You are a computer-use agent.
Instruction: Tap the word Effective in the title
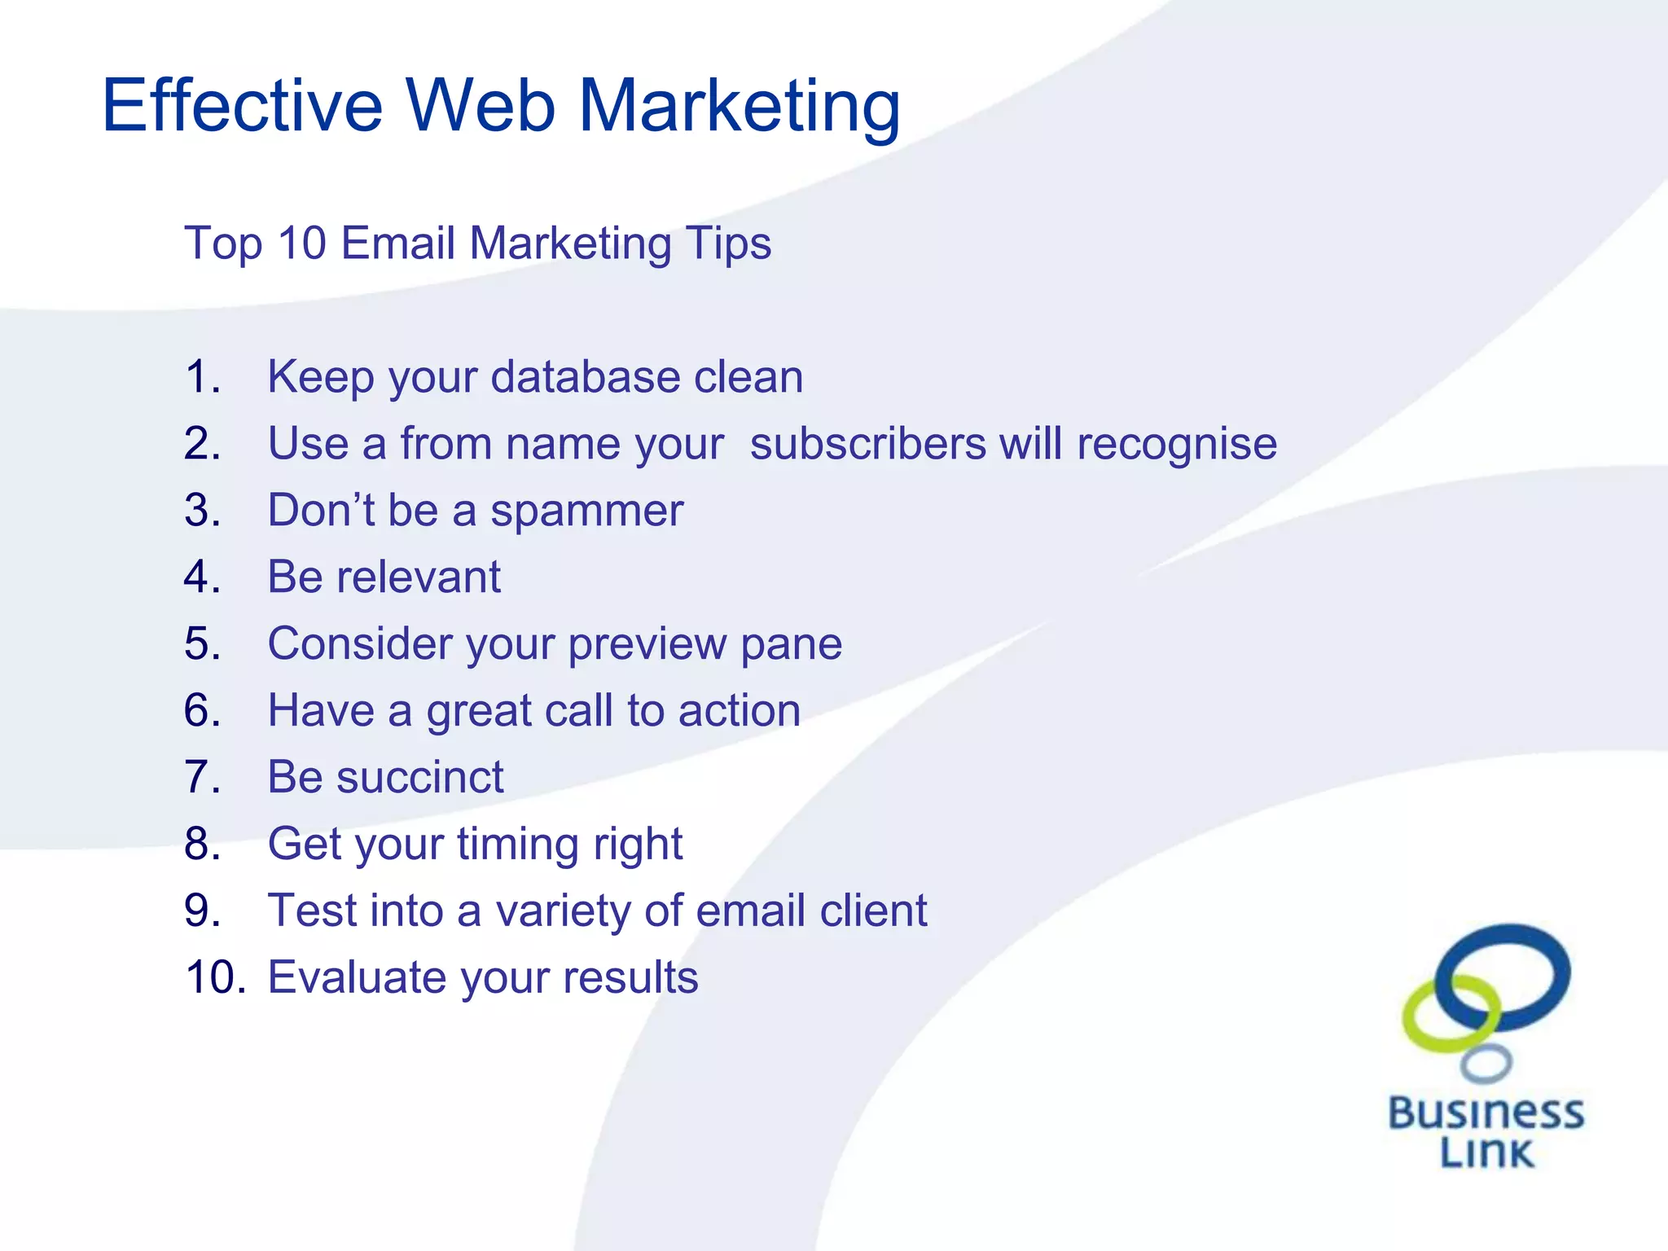[x=242, y=106]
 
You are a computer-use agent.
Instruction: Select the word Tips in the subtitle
[x=727, y=244]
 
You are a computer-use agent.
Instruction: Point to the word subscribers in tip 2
[x=867, y=444]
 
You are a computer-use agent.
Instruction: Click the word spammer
[x=586, y=511]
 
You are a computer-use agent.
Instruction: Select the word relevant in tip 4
[x=419, y=577]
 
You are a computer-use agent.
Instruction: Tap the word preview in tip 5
[x=647, y=644]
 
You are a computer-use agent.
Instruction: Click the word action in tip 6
[x=740, y=710]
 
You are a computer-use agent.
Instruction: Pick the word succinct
[x=420, y=777]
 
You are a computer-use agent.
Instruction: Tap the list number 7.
[x=202, y=777]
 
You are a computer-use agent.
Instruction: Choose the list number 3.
[x=202, y=511]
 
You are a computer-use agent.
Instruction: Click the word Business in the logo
[x=1486, y=1113]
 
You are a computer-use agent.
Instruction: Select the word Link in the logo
[x=1486, y=1152]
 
